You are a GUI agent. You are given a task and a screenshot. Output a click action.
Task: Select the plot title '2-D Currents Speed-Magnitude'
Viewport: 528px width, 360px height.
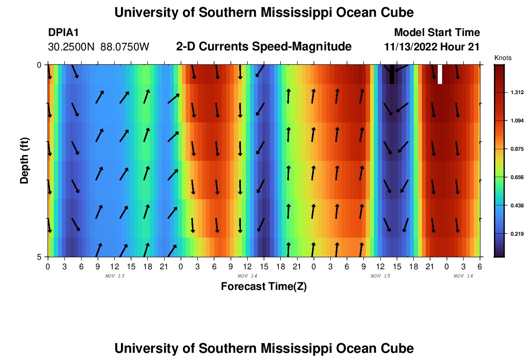point(264,47)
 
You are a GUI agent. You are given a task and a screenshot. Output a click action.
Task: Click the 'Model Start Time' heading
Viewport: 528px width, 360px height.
point(437,33)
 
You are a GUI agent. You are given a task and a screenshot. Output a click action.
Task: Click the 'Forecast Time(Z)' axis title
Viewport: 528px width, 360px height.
point(264,287)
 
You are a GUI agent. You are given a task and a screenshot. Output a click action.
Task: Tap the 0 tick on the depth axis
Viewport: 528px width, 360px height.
point(40,64)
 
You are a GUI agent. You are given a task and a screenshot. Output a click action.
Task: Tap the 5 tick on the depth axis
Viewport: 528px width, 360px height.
point(40,256)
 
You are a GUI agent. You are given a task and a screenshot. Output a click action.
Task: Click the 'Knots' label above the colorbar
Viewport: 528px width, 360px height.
point(503,58)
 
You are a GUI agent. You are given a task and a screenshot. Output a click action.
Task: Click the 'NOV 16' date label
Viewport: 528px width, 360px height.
point(464,276)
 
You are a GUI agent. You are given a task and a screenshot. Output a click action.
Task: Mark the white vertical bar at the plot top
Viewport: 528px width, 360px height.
point(440,74)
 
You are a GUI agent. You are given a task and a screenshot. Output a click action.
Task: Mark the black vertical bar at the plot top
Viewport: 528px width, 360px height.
point(392,74)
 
